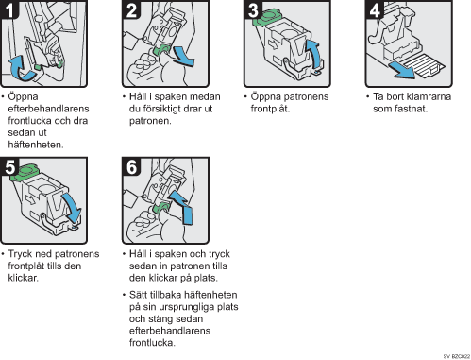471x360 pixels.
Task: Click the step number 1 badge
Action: tap(9, 9)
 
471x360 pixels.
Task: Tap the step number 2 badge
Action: tap(131, 9)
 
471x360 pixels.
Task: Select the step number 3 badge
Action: tap(253, 9)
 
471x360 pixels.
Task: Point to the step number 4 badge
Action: tap(375, 9)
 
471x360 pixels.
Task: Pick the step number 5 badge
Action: tap(9, 166)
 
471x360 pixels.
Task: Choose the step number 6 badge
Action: tap(131, 166)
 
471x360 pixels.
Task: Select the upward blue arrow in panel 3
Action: tap(314, 54)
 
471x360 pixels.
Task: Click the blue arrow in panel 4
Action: tap(402, 70)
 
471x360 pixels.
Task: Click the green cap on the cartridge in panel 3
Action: tap(266, 17)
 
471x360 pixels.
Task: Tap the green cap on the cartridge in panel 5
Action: tap(24, 173)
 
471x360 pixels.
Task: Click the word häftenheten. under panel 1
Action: tap(36, 145)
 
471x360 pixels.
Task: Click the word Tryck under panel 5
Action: tap(20, 254)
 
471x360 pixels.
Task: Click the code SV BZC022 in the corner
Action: tap(457, 356)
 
